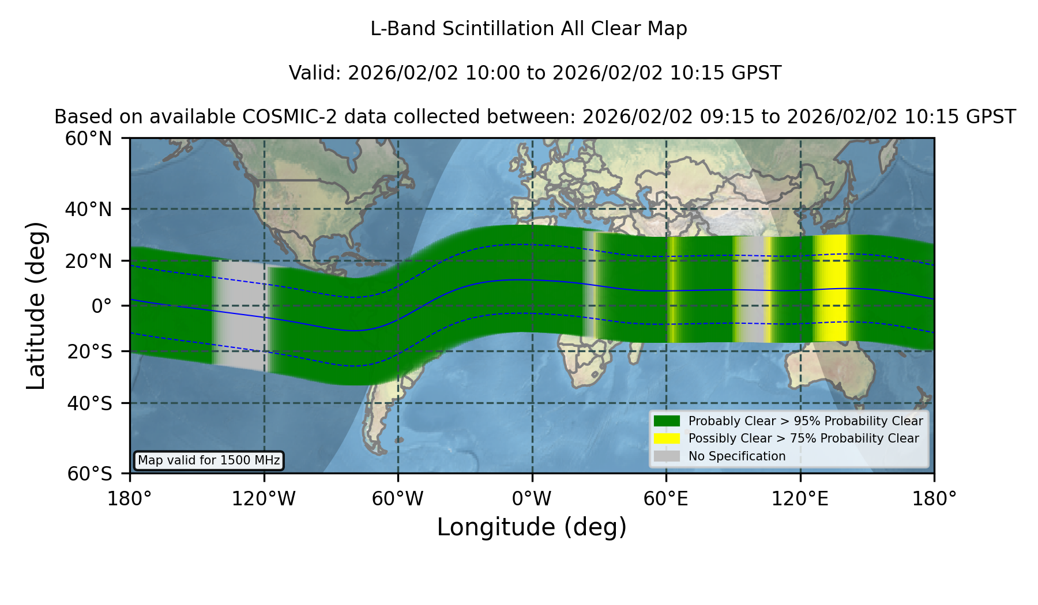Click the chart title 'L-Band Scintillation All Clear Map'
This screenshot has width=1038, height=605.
click(x=528, y=29)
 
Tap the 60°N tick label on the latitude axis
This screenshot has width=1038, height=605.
click(x=89, y=139)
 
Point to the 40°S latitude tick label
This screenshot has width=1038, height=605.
click(x=89, y=403)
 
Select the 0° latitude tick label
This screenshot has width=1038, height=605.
click(x=101, y=306)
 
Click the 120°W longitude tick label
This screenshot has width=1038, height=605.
click(x=264, y=499)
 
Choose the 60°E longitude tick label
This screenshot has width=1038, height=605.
click(x=666, y=499)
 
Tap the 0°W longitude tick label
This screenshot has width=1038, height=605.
click(x=532, y=499)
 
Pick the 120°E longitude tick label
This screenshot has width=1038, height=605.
click(x=800, y=499)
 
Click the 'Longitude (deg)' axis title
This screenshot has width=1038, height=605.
click(x=532, y=527)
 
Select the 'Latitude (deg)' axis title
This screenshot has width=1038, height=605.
click(x=36, y=305)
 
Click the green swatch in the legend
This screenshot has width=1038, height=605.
click(x=667, y=421)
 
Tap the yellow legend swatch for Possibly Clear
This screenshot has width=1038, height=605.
click(x=667, y=438)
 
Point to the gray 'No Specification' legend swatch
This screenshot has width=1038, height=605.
click(x=667, y=456)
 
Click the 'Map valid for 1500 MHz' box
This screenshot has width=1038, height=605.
click(x=209, y=460)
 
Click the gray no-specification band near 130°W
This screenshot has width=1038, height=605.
click(x=240, y=314)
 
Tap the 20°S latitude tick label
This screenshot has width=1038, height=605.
click(x=89, y=351)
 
